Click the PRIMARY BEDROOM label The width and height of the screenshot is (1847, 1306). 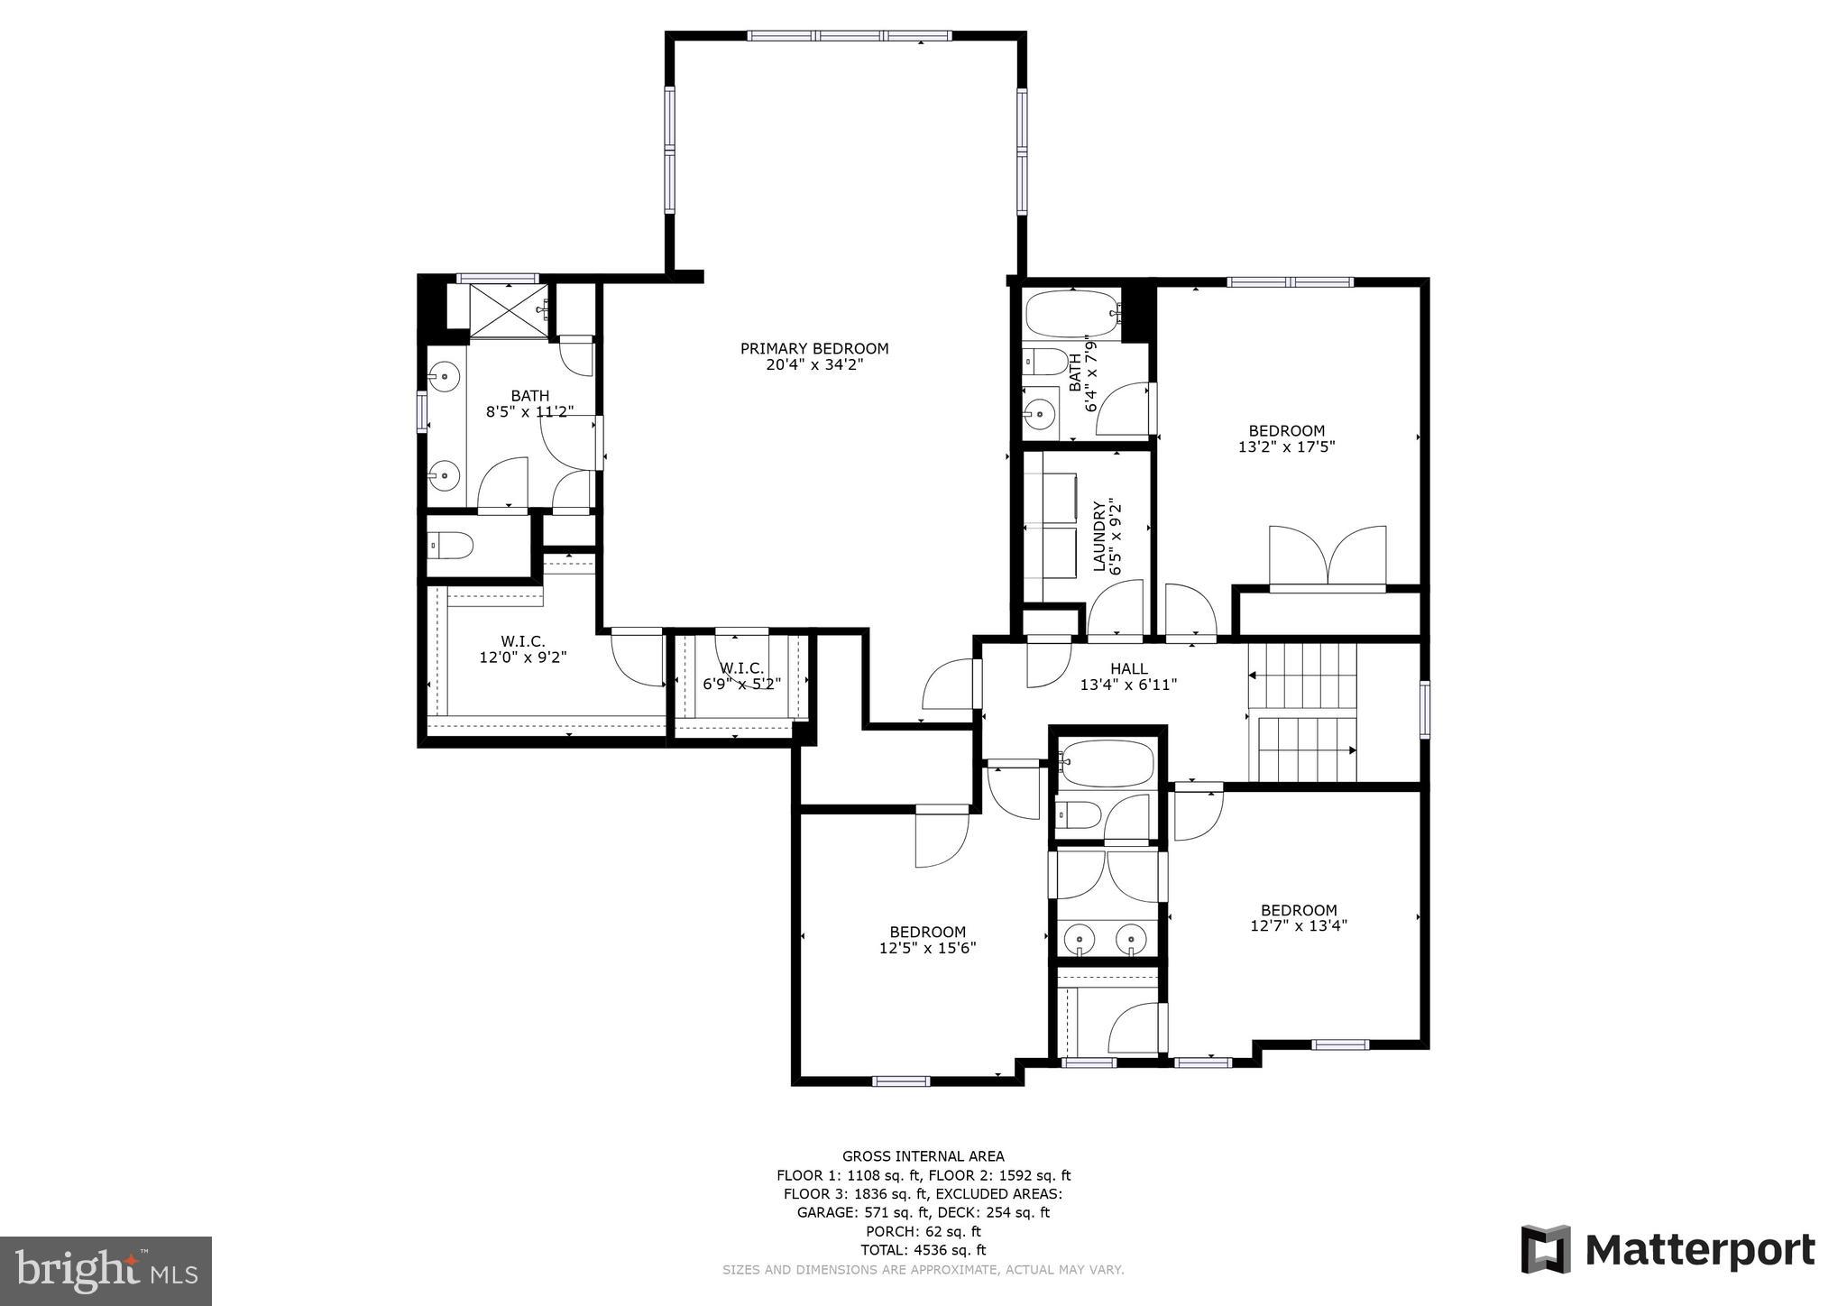[813, 348]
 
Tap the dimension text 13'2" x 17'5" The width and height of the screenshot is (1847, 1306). [1286, 446]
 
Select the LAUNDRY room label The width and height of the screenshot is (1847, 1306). [1099, 537]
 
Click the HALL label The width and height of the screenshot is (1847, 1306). [1128, 668]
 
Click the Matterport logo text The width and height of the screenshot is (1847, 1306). [1699, 1251]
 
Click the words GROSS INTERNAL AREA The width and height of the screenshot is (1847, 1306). [923, 1156]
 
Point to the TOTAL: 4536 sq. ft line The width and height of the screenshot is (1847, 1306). [923, 1250]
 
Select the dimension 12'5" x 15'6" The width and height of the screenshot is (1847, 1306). [927, 948]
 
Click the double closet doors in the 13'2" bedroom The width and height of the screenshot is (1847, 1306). [1327, 559]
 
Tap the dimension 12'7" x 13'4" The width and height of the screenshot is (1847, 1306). [1299, 925]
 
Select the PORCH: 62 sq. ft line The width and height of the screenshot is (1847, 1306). [923, 1231]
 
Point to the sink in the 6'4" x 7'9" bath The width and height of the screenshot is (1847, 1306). [1042, 415]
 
